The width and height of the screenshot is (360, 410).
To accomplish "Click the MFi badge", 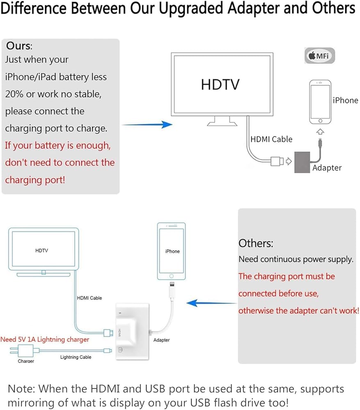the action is tap(319, 55).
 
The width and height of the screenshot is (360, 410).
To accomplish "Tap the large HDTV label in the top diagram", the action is tap(220, 84).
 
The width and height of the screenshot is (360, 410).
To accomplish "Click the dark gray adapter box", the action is tap(302, 162).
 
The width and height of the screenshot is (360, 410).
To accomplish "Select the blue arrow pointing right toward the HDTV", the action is tap(147, 125).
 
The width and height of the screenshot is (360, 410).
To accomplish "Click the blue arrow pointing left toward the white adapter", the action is tap(211, 303).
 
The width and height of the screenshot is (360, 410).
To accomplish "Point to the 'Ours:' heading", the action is tap(19, 46).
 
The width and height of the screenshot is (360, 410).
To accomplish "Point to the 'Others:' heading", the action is tap(256, 244).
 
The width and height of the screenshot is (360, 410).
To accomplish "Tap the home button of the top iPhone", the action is tap(320, 121).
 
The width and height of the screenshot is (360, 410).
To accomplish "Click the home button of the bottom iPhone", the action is tap(172, 276).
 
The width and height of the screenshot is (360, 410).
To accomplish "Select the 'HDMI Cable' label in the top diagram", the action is tap(271, 139).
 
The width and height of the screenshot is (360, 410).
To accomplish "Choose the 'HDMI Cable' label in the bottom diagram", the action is tap(89, 298).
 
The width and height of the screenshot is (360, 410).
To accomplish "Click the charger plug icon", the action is tap(22, 351).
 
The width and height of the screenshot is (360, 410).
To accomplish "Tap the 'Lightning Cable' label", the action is tap(76, 357).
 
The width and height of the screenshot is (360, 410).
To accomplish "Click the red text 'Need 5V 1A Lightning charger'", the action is tap(45, 339).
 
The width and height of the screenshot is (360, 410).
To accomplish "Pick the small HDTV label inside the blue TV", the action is tap(41, 251).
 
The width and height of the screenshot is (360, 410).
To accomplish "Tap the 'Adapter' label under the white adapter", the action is tap(162, 340).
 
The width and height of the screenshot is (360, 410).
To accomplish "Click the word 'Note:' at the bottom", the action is tap(21, 389).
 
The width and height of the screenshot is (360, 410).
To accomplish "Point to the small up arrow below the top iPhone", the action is tap(320, 132).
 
